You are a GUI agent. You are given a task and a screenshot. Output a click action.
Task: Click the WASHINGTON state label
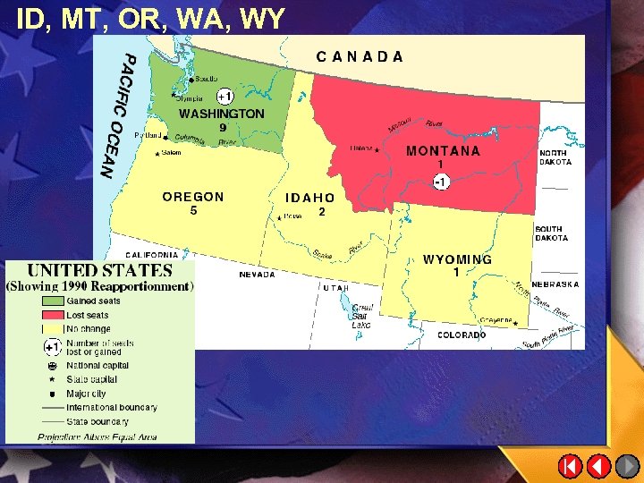(222, 114)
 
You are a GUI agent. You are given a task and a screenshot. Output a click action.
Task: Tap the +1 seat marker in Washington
(225, 96)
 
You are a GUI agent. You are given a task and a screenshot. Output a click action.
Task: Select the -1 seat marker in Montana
(440, 182)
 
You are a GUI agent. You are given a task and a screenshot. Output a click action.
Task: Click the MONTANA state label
(443, 151)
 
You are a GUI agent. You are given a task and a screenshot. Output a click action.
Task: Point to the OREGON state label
(193, 197)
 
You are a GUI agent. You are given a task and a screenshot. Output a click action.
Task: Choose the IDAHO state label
(309, 198)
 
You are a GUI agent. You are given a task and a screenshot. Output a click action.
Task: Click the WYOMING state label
(457, 259)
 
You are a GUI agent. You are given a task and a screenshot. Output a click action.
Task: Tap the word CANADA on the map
(360, 56)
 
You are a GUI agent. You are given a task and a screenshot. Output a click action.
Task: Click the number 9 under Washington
(223, 128)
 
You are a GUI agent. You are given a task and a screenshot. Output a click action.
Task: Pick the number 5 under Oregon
(193, 211)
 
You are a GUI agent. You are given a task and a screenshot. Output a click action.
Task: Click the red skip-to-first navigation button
(570, 466)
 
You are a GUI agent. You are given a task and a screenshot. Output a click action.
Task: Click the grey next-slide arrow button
(628, 466)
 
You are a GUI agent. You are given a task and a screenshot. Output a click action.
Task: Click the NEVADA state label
(257, 275)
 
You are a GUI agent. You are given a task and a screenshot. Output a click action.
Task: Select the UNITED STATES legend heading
(99, 270)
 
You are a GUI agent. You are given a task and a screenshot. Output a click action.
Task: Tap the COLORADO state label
(462, 335)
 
